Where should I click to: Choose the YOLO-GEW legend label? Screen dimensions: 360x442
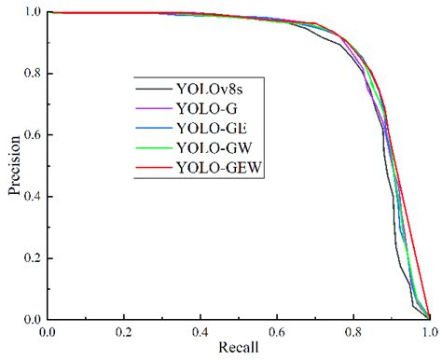click(217, 167)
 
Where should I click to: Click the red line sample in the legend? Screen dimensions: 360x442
click(151, 168)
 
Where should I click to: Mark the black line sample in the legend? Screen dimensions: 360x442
click(151, 90)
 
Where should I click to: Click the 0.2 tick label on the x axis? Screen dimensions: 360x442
click(123, 331)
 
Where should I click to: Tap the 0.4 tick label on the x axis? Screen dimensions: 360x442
click(200, 331)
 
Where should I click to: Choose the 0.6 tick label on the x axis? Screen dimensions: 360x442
click(276, 331)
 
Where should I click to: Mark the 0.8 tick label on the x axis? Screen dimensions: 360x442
click(353, 331)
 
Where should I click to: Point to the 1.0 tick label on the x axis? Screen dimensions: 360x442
click(428, 331)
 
